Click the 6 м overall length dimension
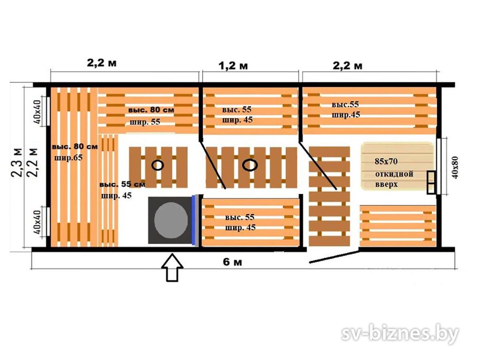tap(232, 262)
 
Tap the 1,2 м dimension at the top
tap(233, 66)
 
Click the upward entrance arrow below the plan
tap(173, 267)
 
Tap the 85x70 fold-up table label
tap(386, 161)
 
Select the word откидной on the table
tap(394, 174)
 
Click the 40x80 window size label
tap(455, 168)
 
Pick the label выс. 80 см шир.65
tap(74, 152)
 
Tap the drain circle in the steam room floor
tap(158, 165)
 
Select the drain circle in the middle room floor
tap(250, 165)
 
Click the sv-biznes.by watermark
tap(400, 333)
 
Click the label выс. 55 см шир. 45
tap(122, 190)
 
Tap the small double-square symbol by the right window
tap(431, 182)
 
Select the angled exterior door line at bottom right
tap(335, 256)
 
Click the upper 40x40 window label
tap(37, 112)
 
